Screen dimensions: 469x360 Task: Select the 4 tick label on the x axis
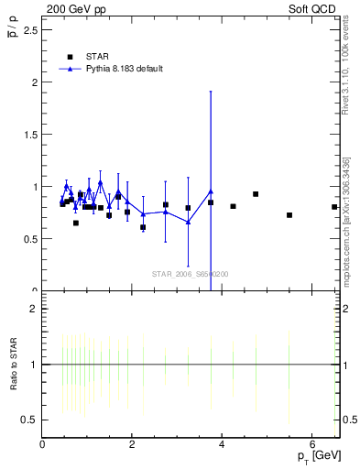[x=222, y=445]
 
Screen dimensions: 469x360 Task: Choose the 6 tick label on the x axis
[x=311, y=445]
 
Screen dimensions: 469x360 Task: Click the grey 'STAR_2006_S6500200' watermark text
[x=191, y=274]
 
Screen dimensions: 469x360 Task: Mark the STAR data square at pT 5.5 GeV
[x=289, y=215]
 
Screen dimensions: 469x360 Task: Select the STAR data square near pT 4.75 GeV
[x=256, y=194]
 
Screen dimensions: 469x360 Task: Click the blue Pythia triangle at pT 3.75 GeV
[x=211, y=191]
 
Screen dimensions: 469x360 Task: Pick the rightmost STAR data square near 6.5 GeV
[x=334, y=207]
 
